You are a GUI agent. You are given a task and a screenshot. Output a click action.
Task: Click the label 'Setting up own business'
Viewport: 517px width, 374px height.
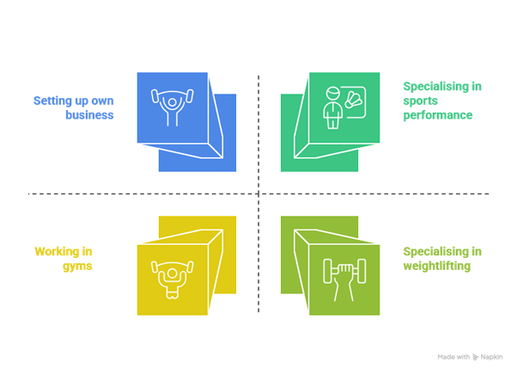click(x=74, y=107)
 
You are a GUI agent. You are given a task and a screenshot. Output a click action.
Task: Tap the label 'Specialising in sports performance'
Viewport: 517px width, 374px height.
click(x=442, y=101)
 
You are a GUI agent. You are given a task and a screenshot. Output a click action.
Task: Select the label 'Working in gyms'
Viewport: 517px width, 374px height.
click(x=64, y=259)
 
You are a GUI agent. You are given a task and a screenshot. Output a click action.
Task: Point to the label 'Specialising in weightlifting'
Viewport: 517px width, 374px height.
click(x=442, y=259)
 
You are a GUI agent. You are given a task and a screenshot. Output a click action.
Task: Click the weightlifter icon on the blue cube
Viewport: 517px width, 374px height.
click(x=172, y=107)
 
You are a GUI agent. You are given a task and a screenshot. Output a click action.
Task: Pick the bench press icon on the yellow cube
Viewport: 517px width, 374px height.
click(x=172, y=278)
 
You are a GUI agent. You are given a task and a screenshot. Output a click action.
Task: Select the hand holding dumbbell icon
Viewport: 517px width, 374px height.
click(x=343, y=278)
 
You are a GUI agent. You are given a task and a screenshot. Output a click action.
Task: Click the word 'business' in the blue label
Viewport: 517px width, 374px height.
click(x=89, y=115)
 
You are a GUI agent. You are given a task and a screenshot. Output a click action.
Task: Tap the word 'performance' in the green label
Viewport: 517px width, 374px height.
click(x=439, y=115)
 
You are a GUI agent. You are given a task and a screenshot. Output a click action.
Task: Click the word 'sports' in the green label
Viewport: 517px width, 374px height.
click(x=419, y=101)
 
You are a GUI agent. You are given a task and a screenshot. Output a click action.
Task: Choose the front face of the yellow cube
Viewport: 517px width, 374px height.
click(x=172, y=279)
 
